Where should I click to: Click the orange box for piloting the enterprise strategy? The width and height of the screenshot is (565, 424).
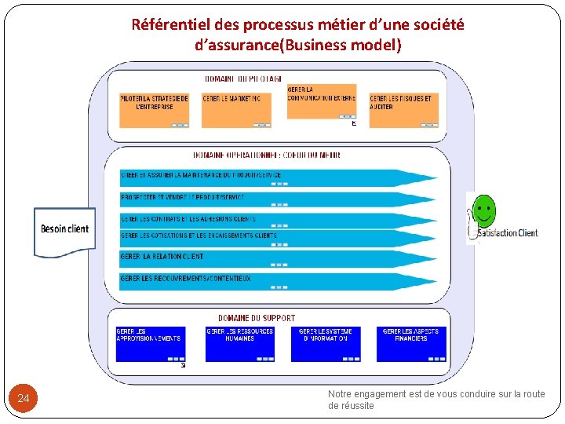(155, 109)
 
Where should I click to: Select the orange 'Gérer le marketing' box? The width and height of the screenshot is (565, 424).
(236, 109)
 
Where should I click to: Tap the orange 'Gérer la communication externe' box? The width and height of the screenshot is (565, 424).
(321, 101)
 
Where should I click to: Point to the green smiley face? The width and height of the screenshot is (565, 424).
(483, 211)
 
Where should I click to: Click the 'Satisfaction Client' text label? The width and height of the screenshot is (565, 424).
(508, 232)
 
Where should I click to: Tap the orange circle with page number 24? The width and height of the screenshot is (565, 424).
(24, 399)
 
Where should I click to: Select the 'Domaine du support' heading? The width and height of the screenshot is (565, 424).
(257, 318)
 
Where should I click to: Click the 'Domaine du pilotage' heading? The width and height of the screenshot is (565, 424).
(243, 79)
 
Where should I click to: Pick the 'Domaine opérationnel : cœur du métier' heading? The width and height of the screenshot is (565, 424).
(267, 155)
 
